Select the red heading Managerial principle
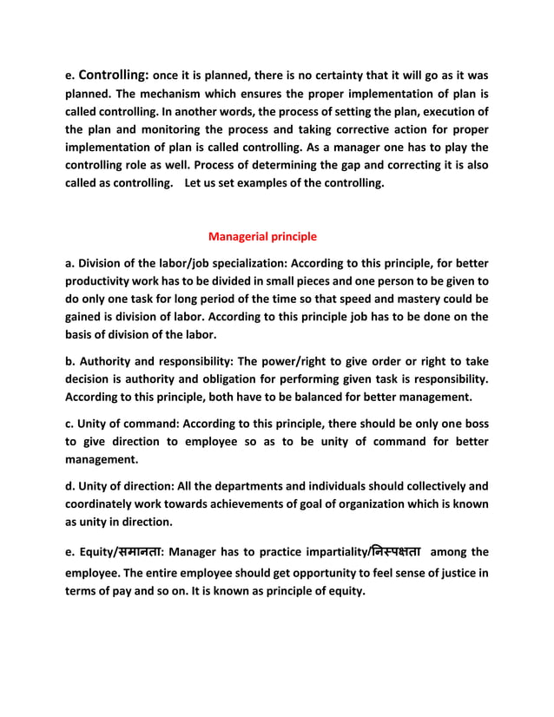tap(263, 236)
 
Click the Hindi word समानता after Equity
tap(134, 553)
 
